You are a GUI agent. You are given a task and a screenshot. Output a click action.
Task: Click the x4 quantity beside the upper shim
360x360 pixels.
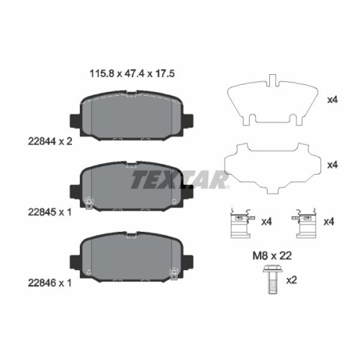click(x=332, y=100)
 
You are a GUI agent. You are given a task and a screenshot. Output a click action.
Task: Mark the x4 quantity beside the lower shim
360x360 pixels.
click(x=332, y=165)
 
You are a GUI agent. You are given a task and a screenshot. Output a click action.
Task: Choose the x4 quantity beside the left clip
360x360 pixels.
click(x=266, y=221)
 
